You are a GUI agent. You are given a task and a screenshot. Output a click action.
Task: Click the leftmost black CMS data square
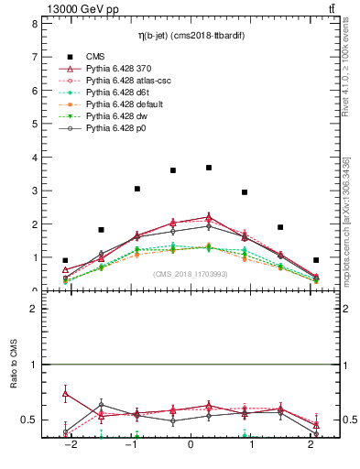tap(65, 260)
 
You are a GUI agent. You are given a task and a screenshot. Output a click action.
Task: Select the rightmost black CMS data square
tap(316, 260)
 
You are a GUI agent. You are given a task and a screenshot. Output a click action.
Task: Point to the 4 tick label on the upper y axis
tap(34, 157)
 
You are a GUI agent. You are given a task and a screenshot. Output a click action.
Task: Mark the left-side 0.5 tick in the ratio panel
tap(30, 420)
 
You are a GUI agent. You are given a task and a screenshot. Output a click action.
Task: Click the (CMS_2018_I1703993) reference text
tap(191, 274)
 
